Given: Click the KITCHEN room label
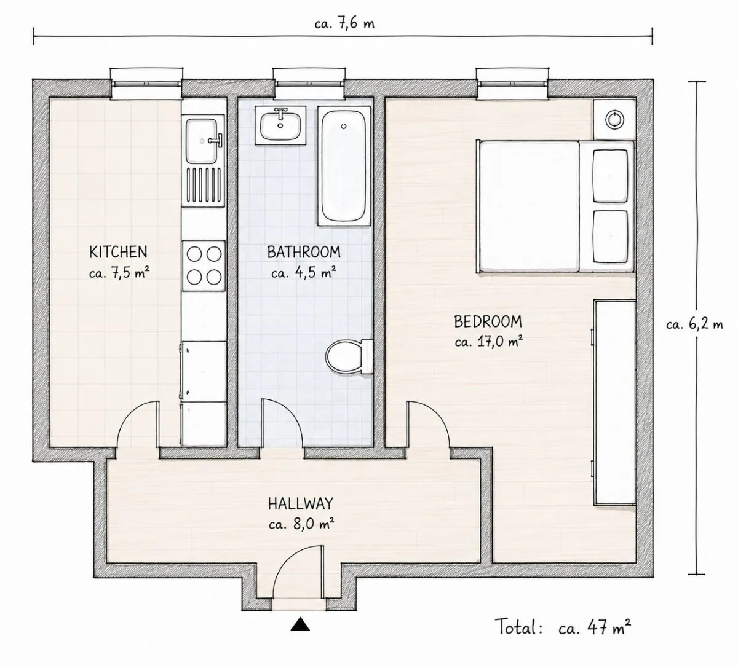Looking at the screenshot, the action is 118,252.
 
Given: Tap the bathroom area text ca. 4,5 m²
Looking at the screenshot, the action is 304,273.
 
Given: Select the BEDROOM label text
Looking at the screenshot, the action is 488,321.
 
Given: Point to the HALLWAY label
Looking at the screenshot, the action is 301,503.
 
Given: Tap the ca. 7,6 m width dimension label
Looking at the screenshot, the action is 344,24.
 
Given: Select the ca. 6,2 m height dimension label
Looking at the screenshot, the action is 694,324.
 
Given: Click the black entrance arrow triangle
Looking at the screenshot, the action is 300,624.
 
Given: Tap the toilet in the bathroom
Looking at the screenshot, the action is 349,356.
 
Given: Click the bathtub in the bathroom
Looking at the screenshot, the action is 344,166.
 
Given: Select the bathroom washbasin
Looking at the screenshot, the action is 280,125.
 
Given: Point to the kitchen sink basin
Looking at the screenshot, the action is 202,141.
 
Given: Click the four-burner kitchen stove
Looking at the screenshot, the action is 204,266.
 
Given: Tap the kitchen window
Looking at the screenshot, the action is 147,84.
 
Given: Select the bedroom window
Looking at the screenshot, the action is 512,84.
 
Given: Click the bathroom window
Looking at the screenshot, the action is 309,84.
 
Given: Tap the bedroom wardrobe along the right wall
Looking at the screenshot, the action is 615,403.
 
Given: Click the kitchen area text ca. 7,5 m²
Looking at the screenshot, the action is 119,273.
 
